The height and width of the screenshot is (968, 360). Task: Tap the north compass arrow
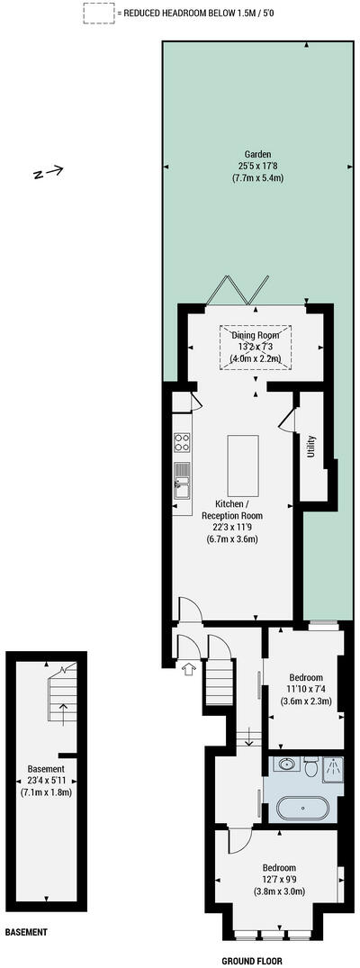click(x=48, y=171)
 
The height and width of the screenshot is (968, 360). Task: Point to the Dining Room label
click(x=256, y=335)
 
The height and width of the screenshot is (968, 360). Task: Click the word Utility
click(x=311, y=447)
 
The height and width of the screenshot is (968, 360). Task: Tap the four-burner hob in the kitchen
click(x=182, y=442)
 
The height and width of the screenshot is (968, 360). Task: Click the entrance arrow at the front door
click(x=189, y=669)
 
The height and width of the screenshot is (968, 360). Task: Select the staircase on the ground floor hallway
click(x=220, y=683)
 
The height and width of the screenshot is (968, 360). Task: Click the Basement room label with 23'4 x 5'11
click(x=46, y=780)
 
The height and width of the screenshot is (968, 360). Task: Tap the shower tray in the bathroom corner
click(x=334, y=768)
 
